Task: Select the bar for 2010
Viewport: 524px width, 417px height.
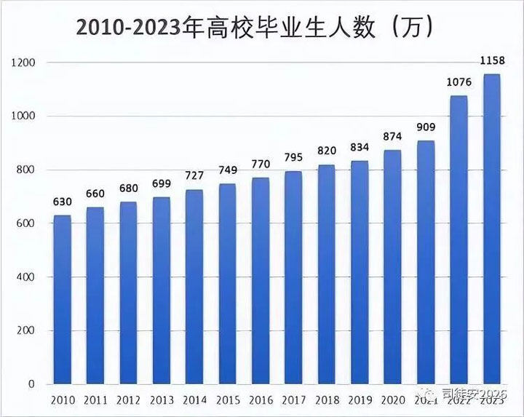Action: (63, 298)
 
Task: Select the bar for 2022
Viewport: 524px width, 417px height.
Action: (458, 240)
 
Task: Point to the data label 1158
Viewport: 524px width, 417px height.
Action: (491, 60)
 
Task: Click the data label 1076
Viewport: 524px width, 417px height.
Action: (458, 82)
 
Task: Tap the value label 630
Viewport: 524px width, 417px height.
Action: (63, 202)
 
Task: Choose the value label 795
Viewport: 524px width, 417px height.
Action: (293, 157)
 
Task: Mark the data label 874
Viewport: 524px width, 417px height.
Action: (392, 136)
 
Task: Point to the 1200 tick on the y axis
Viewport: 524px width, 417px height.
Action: (23, 63)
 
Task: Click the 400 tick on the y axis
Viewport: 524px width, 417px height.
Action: (26, 277)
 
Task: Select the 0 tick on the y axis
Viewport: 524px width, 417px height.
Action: (32, 384)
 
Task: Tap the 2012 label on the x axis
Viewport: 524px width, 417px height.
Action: (129, 400)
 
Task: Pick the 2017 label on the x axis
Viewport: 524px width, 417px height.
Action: (293, 400)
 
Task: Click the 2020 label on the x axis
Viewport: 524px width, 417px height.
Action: (392, 400)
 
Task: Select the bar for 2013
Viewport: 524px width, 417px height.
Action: (162, 291)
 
